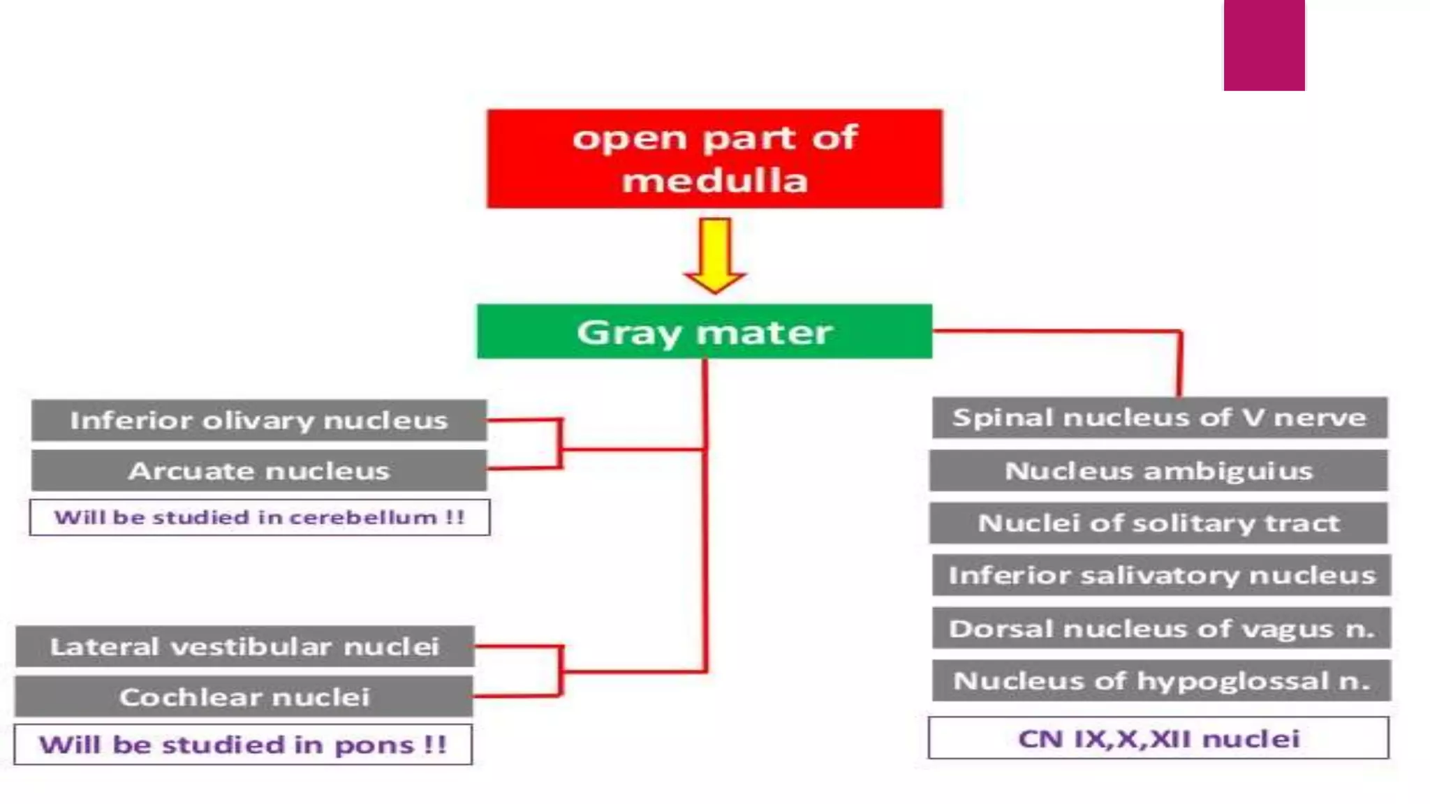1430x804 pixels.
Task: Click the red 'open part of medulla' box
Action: (714, 158)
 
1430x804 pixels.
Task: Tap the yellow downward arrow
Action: (715, 255)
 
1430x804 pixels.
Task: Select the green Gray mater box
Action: (704, 332)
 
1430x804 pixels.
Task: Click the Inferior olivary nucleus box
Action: (258, 420)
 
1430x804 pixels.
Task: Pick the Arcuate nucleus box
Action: (258, 470)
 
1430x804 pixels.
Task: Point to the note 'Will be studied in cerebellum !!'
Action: (259, 517)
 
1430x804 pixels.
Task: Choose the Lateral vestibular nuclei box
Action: (244, 646)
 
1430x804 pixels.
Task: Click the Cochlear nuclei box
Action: (244, 697)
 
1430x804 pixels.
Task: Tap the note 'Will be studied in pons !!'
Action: (242, 745)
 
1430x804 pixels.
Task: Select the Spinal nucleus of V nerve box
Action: (1159, 417)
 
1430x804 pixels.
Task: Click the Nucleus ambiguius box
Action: (1158, 470)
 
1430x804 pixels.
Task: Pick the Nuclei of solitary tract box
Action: (1158, 523)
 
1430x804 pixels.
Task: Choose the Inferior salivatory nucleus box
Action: (1161, 575)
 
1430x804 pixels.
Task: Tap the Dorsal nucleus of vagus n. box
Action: (1161, 628)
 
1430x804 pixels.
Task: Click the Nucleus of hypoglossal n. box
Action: (1161, 680)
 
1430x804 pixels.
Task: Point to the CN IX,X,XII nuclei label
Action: (1158, 738)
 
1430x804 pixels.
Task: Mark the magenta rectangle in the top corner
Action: (1264, 45)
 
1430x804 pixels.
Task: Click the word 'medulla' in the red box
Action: (714, 181)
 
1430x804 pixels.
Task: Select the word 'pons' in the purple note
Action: (374, 746)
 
